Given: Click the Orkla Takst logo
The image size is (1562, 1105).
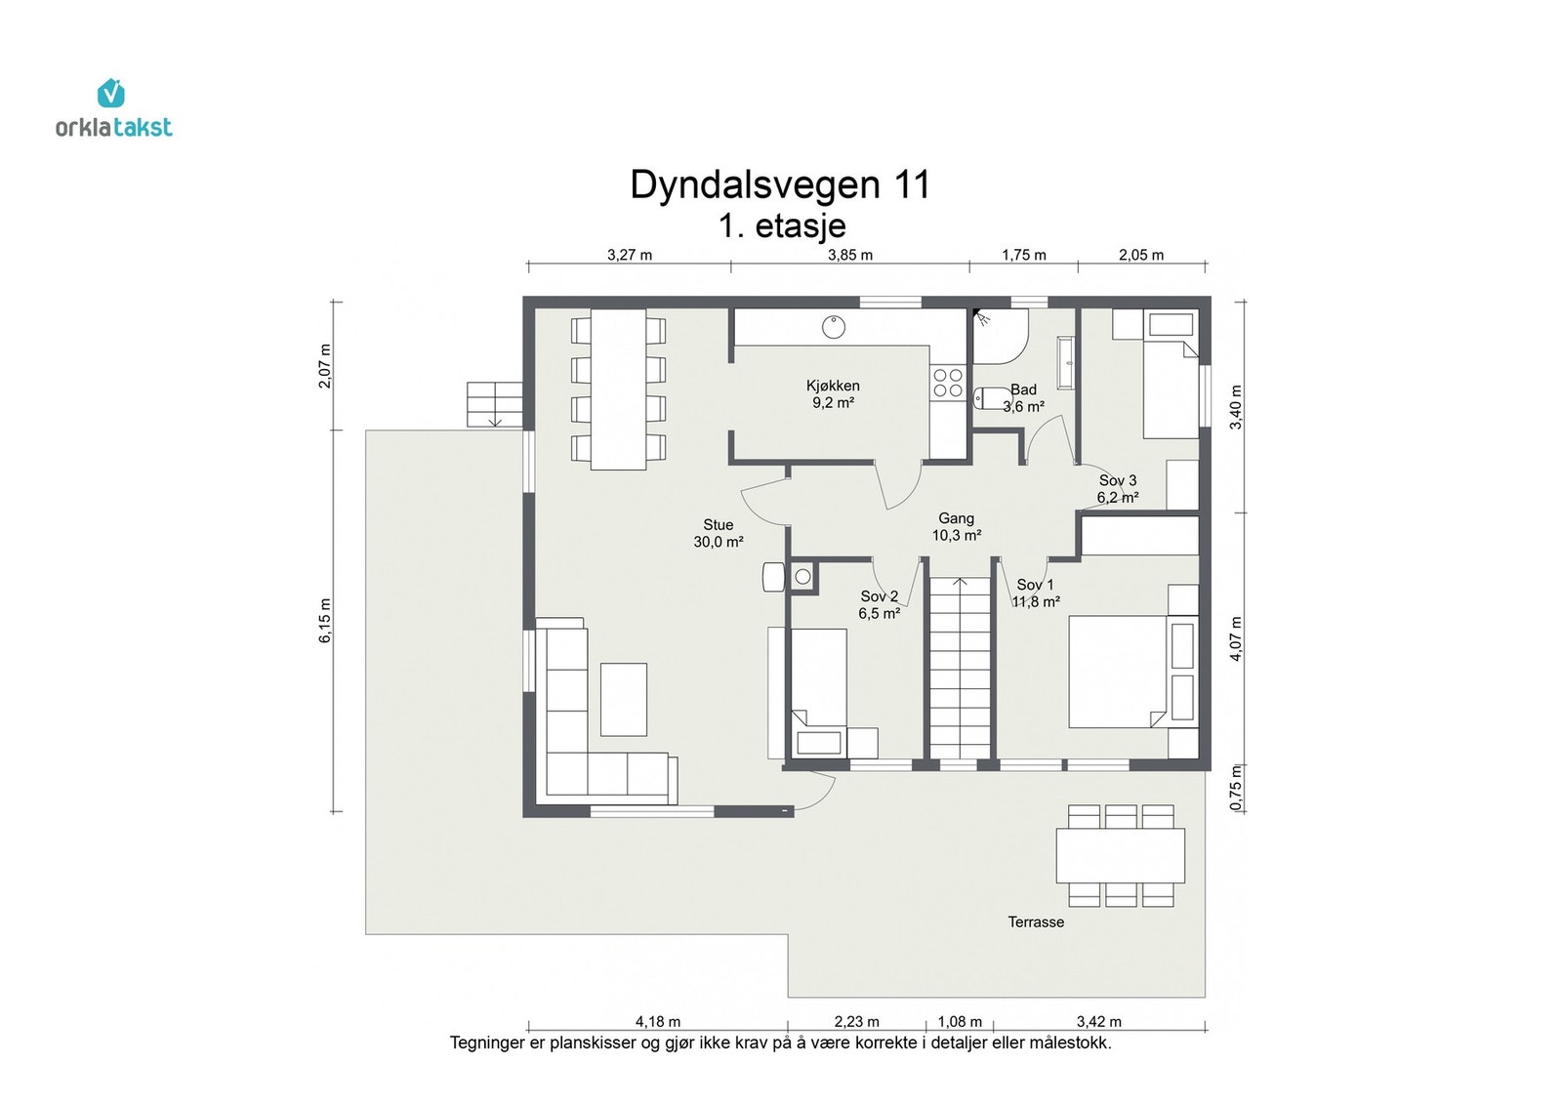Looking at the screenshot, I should pyautogui.click(x=113, y=109).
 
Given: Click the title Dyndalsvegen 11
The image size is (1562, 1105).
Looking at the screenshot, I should pyautogui.click(x=779, y=184).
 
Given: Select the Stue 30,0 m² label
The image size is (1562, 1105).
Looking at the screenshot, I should pyautogui.click(x=719, y=533).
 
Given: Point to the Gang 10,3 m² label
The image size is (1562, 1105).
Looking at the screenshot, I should pyautogui.click(x=956, y=527).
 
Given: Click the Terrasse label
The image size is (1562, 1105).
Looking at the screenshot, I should pyautogui.click(x=1036, y=921).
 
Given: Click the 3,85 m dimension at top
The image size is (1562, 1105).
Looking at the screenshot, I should pyautogui.click(x=849, y=255).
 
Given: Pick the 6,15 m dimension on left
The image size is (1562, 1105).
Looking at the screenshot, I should pyautogui.click(x=325, y=620).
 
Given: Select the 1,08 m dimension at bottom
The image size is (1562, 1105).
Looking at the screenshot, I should pyautogui.click(x=960, y=1021).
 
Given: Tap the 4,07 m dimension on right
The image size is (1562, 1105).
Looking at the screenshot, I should pyautogui.click(x=1236, y=639).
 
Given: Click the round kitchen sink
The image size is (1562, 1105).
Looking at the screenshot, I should pyautogui.click(x=833, y=327).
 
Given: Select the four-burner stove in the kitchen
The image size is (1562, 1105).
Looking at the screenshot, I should pyautogui.click(x=947, y=382).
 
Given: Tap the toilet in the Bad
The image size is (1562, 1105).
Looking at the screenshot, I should pyautogui.click(x=991, y=398).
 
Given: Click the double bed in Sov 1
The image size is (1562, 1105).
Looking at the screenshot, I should pyautogui.click(x=1118, y=672).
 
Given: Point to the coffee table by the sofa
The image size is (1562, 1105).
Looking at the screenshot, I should pyautogui.click(x=623, y=699).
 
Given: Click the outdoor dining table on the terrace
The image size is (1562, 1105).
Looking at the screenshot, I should pyautogui.click(x=1120, y=855).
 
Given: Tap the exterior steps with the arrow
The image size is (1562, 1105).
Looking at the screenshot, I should pyautogui.click(x=495, y=404).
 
